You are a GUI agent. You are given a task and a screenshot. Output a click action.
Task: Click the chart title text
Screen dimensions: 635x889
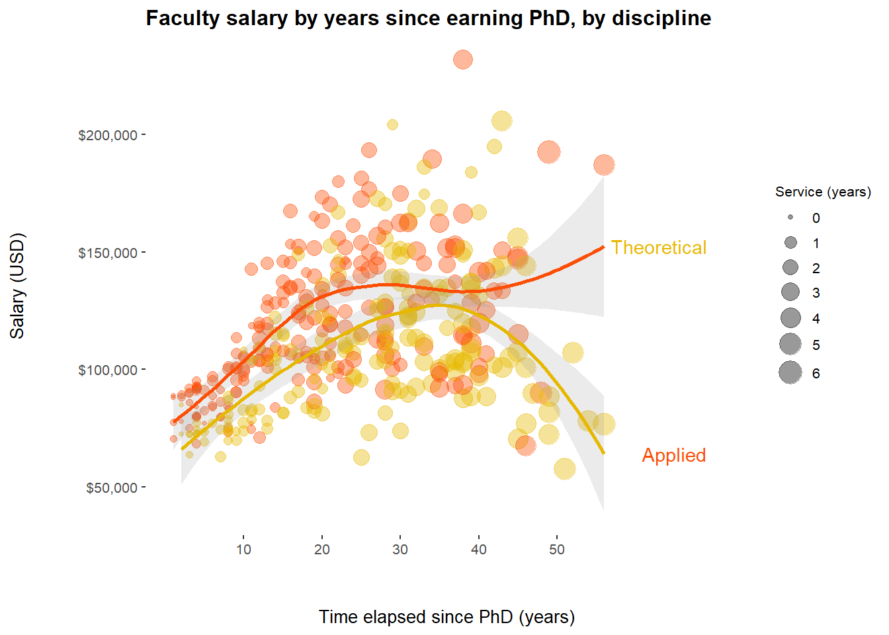click(428, 18)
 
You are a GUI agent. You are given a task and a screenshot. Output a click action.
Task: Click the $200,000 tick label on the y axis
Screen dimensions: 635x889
click(108, 136)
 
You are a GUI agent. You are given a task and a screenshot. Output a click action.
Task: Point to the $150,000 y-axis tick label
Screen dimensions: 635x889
click(108, 253)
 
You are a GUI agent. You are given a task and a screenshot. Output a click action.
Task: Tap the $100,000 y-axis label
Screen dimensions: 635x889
click(108, 370)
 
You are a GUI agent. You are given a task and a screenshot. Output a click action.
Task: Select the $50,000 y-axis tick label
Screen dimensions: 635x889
click(111, 488)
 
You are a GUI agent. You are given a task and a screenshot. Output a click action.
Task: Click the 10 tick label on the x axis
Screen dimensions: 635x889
click(243, 550)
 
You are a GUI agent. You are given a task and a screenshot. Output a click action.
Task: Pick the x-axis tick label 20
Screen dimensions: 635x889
click(322, 550)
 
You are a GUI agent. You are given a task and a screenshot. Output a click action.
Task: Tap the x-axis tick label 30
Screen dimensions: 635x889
click(400, 550)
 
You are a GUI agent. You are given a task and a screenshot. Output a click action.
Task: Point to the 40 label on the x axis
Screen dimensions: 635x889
click(479, 550)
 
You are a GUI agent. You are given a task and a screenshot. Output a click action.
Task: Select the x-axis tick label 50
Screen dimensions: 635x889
click(557, 550)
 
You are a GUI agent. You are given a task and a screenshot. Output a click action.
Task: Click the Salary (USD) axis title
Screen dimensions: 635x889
click(17, 286)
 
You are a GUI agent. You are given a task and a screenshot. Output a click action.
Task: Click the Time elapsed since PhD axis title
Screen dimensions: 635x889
click(446, 617)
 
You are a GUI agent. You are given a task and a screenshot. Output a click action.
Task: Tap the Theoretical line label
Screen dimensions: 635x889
click(658, 247)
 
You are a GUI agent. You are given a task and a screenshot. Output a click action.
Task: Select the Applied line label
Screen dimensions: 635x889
click(673, 455)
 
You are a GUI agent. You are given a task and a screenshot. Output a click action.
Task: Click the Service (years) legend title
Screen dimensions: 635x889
click(823, 192)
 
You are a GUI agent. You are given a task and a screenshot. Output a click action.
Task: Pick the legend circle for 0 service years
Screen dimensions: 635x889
click(790, 218)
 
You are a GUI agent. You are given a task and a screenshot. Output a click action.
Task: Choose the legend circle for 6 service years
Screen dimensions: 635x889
click(790, 373)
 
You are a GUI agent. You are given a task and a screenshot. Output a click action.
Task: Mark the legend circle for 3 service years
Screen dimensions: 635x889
click(790, 292)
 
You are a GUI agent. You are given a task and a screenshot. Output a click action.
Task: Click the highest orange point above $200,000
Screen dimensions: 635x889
click(463, 60)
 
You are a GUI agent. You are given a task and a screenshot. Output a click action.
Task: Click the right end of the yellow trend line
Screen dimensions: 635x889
click(603, 452)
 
